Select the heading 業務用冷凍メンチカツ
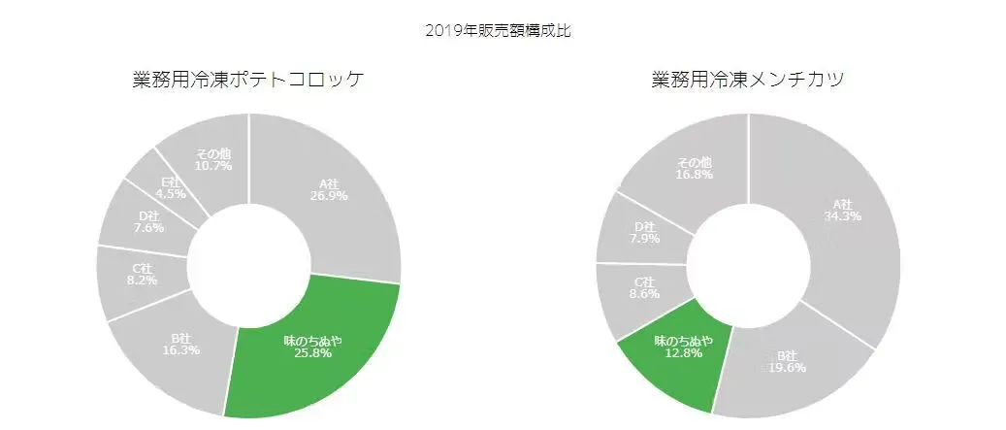click(x=747, y=81)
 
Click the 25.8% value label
click(x=313, y=353)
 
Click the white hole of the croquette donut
click(x=248, y=264)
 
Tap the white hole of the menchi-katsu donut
click(x=748, y=264)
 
